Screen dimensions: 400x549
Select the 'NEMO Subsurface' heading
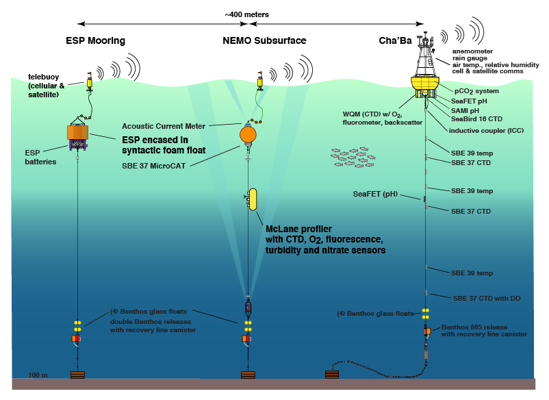point(264,41)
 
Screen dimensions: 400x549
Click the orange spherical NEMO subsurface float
point(249,135)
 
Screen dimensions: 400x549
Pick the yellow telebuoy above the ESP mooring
point(90,82)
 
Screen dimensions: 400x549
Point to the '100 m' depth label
point(38,375)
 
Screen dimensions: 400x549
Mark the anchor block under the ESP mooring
point(78,375)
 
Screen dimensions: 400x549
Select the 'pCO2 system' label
point(477,90)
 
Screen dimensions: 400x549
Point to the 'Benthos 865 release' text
point(474,326)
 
